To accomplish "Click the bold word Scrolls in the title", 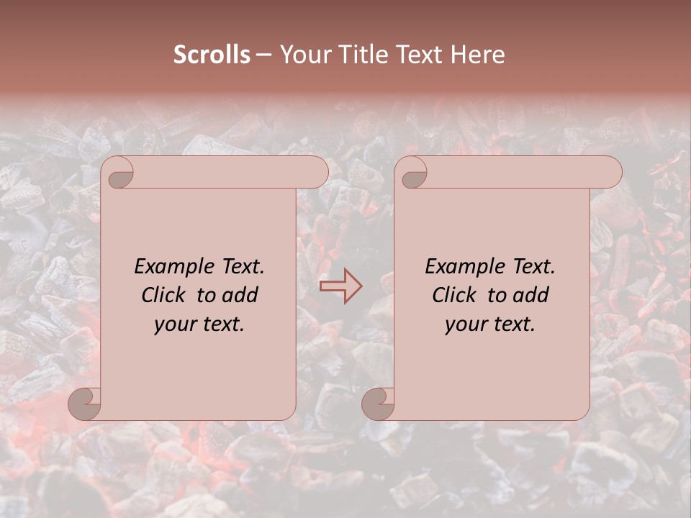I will tap(212, 55).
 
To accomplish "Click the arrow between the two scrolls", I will tap(340, 286).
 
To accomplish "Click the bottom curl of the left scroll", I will tap(85, 404).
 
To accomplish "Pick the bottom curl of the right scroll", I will tap(379, 404).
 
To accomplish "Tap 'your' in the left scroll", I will tap(173, 325).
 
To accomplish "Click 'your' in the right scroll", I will tap(464, 325).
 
